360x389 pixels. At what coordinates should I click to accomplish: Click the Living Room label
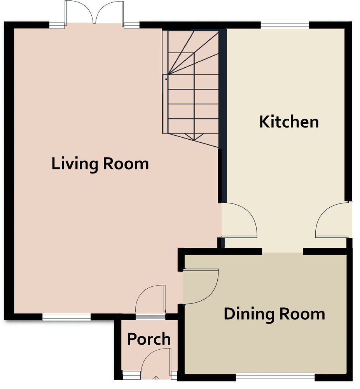[x=100, y=164]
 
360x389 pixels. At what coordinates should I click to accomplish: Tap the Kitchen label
[x=289, y=122]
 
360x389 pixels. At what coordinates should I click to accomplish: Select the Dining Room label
[x=274, y=314]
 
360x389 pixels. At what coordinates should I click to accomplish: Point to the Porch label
[x=149, y=339]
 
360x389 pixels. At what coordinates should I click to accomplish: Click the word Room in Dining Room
[x=302, y=314]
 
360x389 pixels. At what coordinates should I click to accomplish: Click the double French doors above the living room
[x=94, y=12]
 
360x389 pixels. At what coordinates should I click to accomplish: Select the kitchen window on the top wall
[x=285, y=25]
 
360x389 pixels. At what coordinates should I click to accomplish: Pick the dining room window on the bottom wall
[x=275, y=377]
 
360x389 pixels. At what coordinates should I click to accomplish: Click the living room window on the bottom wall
[x=66, y=317]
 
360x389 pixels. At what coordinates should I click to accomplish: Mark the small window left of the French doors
[x=57, y=25]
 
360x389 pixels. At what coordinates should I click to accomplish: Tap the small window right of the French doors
[x=132, y=25]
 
